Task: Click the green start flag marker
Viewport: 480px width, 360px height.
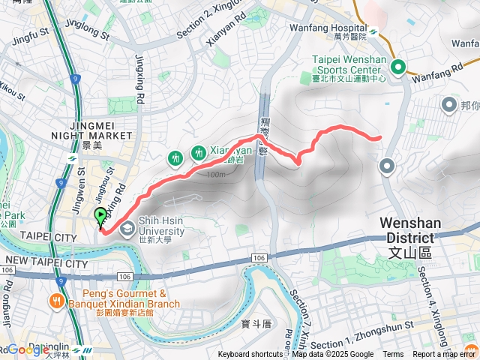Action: coord(100,217)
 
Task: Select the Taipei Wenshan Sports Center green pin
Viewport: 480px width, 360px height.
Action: coord(396,67)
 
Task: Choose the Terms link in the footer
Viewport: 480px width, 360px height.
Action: coord(393,355)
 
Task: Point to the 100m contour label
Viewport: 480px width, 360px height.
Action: coord(214,175)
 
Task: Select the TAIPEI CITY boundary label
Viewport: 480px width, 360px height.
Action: coord(29,237)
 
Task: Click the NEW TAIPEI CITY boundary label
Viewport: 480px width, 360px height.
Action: coord(45,263)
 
